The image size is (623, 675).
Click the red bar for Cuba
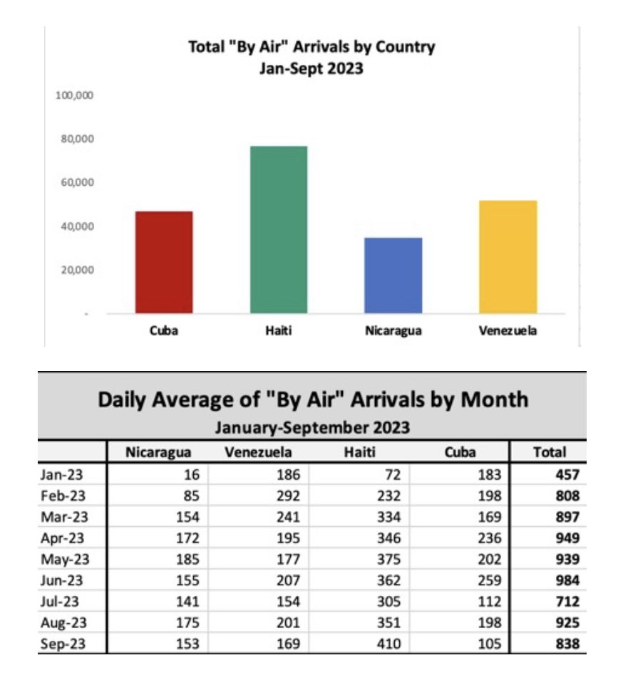click(x=163, y=262)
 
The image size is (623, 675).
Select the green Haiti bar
click(x=278, y=229)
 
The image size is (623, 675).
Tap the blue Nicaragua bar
click(x=393, y=275)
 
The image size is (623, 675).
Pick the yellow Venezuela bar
click(x=508, y=256)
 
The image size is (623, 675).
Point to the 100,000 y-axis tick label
click(x=75, y=95)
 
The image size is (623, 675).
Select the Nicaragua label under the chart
click(x=393, y=331)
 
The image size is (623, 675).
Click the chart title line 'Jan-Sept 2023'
click(x=311, y=69)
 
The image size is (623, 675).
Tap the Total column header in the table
click(x=549, y=452)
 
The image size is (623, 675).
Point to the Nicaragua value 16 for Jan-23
click(x=191, y=473)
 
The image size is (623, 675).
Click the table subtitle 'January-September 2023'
click(x=312, y=427)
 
